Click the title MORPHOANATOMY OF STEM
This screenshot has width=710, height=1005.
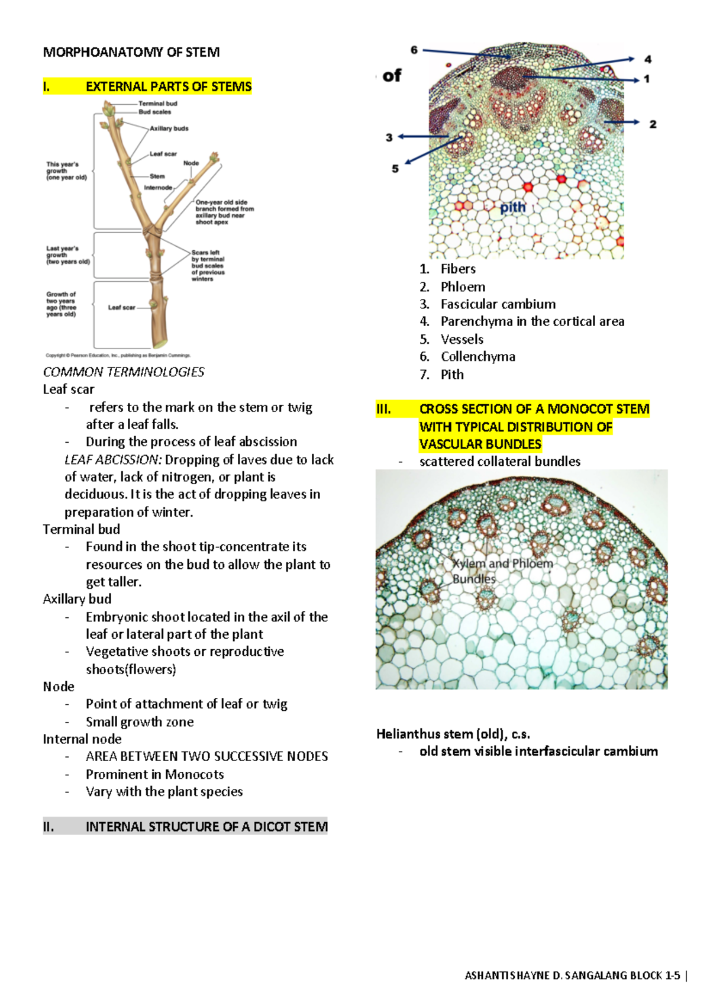[x=131, y=52]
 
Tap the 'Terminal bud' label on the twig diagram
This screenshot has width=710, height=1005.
[x=158, y=104]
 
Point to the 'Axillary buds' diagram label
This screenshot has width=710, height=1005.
[x=169, y=128]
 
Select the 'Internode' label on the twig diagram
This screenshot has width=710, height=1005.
[x=158, y=188]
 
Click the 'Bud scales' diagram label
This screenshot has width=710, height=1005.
[x=155, y=112]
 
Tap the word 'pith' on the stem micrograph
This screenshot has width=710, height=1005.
[x=512, y=207]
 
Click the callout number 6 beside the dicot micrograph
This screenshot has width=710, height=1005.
[x=414, y=50]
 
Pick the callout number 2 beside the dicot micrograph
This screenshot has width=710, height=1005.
[x=653, y=124]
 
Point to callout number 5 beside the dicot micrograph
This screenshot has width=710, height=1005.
[x=395, y=169]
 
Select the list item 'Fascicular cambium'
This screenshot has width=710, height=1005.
[x=498, y=304]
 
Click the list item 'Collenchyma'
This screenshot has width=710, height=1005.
[x=477, y=357]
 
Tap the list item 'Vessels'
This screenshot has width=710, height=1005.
[x=461, y=339]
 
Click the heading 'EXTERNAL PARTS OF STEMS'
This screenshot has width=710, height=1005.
[x=169, y=87]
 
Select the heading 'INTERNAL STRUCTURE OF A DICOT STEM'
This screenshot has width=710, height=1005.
[x=206, y=827]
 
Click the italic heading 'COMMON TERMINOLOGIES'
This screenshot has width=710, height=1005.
[x=124, y=372]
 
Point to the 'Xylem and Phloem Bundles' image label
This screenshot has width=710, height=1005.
[x=502, y=571]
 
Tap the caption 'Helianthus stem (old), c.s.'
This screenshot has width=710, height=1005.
[x=453, y=734]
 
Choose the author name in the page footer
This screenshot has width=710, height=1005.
[x=572, y=975]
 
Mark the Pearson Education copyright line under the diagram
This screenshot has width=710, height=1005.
[x=118, y=356]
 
